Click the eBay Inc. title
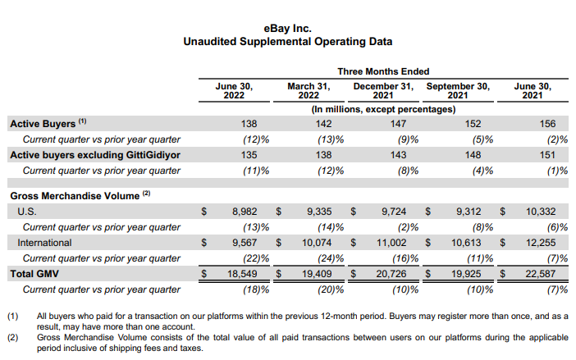(x=288, y=29)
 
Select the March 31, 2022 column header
(x=309, y=91)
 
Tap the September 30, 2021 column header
(x=458, y=91)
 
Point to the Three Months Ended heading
(x=383, y=71)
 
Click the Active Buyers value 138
(x=249, y=124)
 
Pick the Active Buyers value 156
(x=547, y=124)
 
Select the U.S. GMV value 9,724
(x=394, y=212)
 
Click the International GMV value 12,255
(x=541, y=243)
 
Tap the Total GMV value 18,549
(x=242, y=274)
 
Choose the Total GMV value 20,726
(x=391, y=274)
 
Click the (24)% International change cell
(x=331, y=258)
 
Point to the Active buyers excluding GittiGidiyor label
(x=95, y=155)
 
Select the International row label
(x=44, y=243)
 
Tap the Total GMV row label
(x=34, y=274)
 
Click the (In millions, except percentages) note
(x=383, y=109)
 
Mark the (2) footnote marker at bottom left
(x=13, y=337)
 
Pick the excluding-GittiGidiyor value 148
(x=473, y=155)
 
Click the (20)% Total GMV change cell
(x=331, y=289)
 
